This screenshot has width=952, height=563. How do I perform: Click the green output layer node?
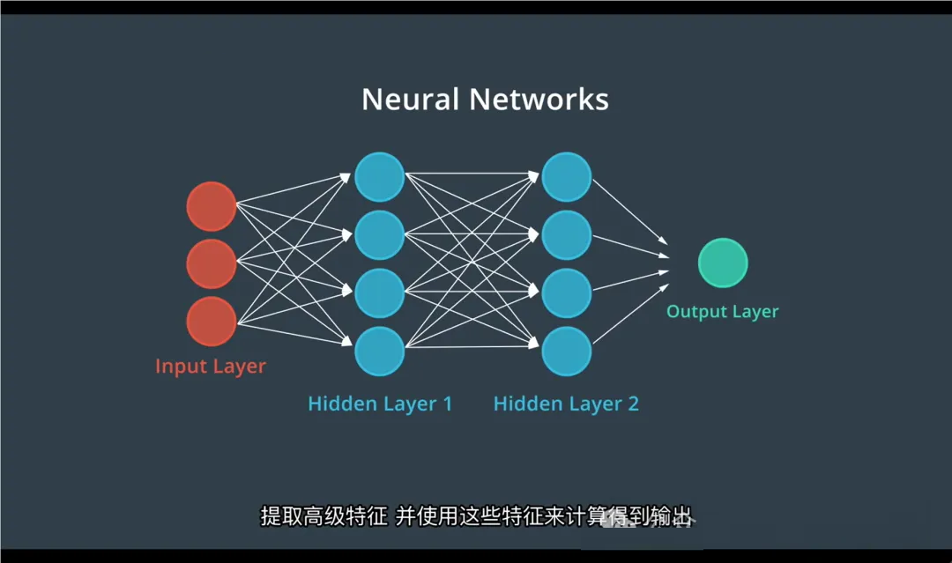[723, 263]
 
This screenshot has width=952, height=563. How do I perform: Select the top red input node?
[212, 207]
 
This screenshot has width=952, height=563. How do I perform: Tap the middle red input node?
[212, 263]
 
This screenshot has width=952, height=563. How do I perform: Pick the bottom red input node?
[212, 321]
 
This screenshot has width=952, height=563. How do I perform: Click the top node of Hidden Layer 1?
[380, 177]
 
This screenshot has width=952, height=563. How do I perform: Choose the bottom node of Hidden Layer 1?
[380, 351]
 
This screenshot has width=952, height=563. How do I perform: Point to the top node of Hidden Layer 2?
[566, 177]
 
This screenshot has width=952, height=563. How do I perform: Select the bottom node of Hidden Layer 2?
[566, 351]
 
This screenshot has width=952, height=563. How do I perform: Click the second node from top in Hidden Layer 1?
[380, 234]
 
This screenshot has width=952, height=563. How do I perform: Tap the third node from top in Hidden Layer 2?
[566, 293]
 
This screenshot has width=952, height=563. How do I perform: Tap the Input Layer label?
[211, 366]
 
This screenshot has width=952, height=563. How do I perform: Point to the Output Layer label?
[723, 312]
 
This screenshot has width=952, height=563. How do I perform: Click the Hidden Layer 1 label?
[380, 404]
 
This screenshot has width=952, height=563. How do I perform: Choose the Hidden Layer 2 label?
[566, 404]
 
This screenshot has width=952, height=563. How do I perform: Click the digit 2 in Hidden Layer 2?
[631, 404]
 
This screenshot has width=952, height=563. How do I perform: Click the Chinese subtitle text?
[476, 516]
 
